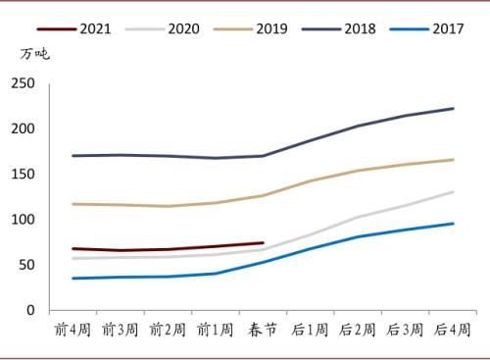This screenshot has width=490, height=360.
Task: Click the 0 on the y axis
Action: pyautogui.click(x=29, y=311)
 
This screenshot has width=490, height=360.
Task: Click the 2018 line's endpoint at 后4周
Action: pyautogui.click(x=454, y=108)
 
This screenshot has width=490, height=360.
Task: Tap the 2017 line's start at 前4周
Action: pyautogui.click(x=73, y=279)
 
